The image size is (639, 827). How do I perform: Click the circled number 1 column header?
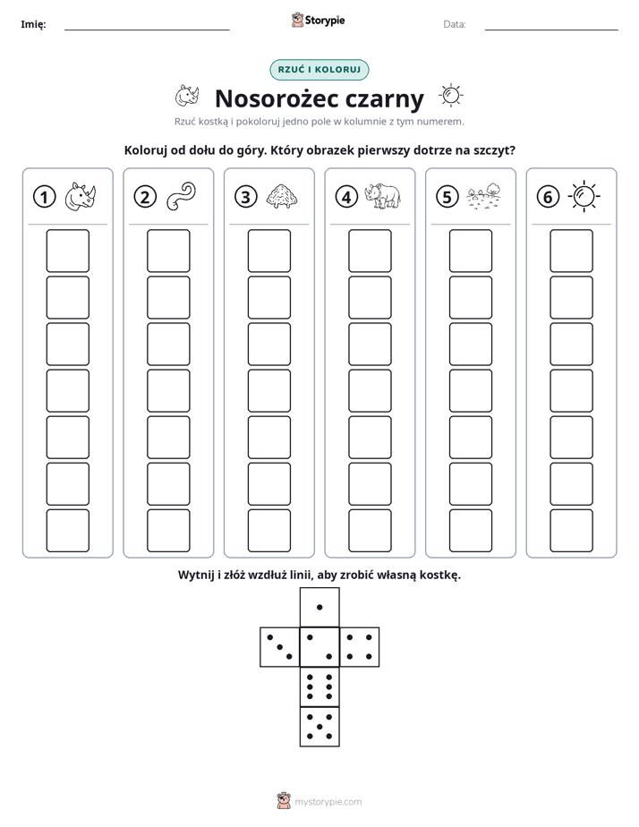pos(44,197)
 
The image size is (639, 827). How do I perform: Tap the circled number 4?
pos(346,197)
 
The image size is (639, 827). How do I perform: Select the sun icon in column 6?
pos(584,197)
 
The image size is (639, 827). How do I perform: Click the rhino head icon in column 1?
pos(81,197)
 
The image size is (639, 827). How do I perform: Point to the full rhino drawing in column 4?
pos(383,196)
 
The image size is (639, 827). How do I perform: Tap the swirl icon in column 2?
pos(181,196)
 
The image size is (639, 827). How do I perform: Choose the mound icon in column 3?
pos(282,196)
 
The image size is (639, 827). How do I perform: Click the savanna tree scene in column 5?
pos(483,196)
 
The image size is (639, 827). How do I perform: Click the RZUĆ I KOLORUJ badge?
pos(319,70)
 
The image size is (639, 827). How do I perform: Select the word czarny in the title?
pos(384,99)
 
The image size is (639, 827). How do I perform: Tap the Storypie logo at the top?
pos(319,20)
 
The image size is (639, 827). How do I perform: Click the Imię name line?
pos(147,30)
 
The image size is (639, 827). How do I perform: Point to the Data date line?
pos(551,30)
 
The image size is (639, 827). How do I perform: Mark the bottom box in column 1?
pos(67,531)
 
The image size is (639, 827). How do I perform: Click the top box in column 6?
pos(572,251)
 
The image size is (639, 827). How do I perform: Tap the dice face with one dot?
pos(319,607)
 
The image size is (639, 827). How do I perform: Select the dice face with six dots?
pos(319,686)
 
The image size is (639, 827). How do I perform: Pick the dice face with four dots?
pos(360,647)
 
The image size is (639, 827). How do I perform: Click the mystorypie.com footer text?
pos(328,802)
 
